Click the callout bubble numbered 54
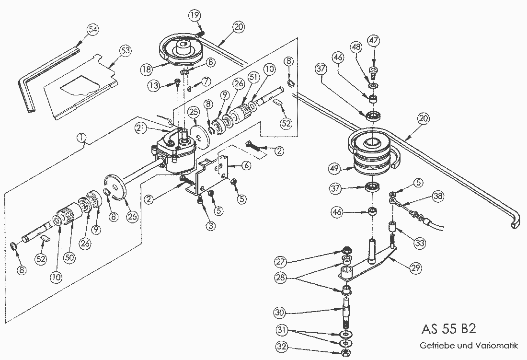tap(93, 29)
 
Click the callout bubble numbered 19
tap(195, 16)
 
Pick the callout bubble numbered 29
tap(416, 269)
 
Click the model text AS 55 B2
tap(448, 330)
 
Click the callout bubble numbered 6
tap(246, 165)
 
